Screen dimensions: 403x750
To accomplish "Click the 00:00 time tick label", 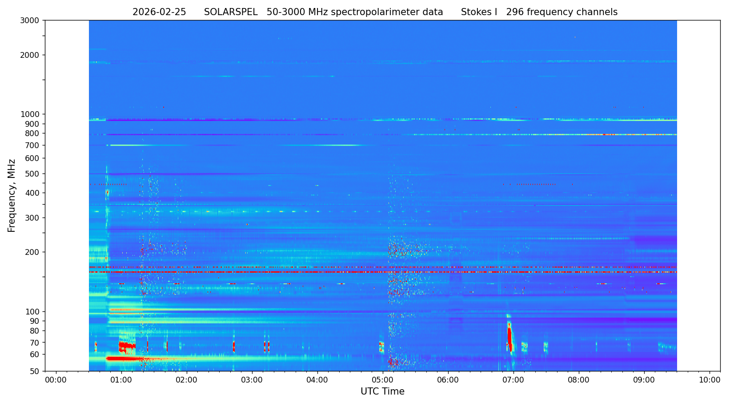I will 56,380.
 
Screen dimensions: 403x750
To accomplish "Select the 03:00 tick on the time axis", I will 252,380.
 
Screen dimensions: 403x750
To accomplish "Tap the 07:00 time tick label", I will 513,380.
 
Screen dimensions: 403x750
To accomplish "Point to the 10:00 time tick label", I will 710,380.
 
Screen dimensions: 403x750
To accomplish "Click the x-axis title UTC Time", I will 382,391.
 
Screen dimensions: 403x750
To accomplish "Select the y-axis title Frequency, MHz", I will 12,196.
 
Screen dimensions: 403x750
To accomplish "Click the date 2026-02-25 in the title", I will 159,12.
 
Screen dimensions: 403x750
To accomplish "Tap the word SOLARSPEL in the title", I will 231,12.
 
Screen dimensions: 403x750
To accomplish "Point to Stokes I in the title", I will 479,12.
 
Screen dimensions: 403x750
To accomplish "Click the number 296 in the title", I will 515,12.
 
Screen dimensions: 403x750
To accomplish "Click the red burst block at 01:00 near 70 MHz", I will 126,346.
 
